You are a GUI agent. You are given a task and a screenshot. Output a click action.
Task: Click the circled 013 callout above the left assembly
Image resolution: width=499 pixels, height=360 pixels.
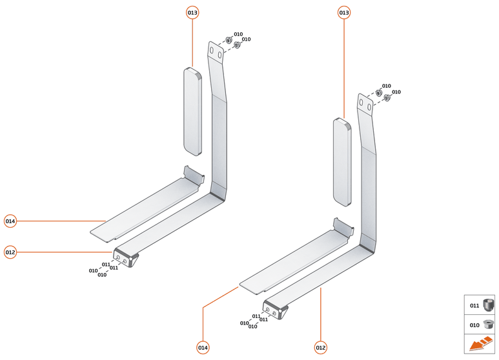point(192,13)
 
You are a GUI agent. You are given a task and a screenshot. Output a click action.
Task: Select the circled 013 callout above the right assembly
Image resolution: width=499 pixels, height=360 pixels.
point(343,13)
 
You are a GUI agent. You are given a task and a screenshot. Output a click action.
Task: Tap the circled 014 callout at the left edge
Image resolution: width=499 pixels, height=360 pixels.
point(10,221)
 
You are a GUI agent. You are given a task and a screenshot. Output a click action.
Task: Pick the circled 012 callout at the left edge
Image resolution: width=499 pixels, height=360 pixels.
point(10,252)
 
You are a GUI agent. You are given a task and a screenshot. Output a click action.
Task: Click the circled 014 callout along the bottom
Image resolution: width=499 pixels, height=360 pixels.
point(203,348)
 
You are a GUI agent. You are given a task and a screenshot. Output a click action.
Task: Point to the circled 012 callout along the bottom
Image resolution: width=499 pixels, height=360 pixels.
point(320,348)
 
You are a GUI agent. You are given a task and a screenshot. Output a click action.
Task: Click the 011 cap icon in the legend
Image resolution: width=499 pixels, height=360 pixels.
point(488,305)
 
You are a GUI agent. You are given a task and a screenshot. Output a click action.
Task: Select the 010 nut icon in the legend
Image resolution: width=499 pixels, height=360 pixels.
point(488,325)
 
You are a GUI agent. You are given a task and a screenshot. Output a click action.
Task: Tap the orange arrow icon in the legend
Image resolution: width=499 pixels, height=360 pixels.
point(481,344)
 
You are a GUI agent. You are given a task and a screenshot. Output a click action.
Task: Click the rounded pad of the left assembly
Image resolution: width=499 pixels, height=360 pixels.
point(193,112)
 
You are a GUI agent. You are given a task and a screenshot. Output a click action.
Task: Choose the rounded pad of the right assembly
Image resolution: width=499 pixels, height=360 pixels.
point(342,162)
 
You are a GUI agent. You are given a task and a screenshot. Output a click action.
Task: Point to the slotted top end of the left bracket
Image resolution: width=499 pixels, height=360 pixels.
point(216,51)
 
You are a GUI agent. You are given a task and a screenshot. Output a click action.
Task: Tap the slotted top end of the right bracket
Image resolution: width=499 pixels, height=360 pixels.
point(365,103)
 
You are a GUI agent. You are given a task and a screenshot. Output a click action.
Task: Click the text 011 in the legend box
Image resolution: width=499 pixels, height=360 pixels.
point(474,306)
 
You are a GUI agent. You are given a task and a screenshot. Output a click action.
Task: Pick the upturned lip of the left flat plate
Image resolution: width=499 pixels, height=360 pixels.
point(194,174)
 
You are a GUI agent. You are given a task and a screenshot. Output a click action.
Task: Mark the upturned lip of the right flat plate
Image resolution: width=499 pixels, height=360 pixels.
point(343,226)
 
